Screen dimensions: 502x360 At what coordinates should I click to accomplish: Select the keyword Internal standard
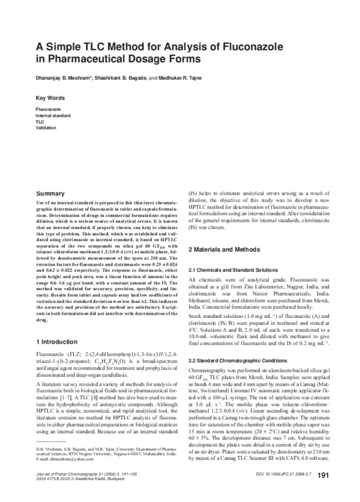click(x=55, y=115)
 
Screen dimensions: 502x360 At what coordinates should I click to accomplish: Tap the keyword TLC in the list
click(x=40, y=121)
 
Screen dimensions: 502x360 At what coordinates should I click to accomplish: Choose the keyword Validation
click(x=46, y=127)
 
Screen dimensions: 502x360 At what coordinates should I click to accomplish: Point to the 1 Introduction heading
click(x=61, y=341)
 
